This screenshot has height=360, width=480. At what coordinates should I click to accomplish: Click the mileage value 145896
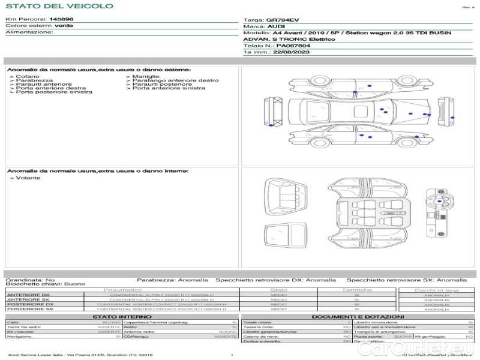pyautogui.click(x=61, y=20)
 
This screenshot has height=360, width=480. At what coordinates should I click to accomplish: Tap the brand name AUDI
pyautogui.click(x=277, y=26)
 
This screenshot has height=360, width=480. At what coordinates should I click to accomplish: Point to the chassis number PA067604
pyautogui.click(x=293, y=45)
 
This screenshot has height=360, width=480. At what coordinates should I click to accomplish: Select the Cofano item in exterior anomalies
pyautogui.click(x=28, y=77)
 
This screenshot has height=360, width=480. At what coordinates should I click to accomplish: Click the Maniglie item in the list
pyautogui.click(x=146, y=77)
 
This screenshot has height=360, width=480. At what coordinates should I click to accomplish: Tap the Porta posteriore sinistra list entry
pyautogui.click(x=54, y=92)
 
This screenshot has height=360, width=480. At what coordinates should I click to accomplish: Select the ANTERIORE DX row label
pyautogui.click(x=28, y=295)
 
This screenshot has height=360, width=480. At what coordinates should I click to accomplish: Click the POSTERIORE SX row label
pyautogui.click(x=29, y=309)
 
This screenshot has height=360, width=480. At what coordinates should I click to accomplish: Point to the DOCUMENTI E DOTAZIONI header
pyautogui.click(x=358, y=316)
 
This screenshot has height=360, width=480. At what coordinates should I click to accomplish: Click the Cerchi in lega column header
pyautogui.click(x=436, y=290)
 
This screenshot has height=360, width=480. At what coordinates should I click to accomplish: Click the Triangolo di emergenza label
pyautogui.click(x=378, y=332)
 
